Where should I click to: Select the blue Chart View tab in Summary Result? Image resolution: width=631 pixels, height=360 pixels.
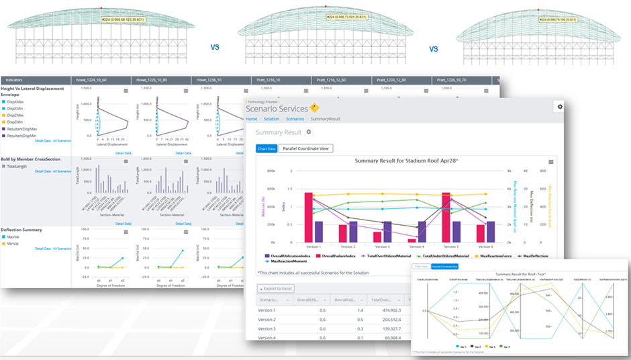(266, 148)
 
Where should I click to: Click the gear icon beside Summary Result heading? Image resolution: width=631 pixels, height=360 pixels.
(309, 132)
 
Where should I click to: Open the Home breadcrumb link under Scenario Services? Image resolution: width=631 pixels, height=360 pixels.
(252, 119)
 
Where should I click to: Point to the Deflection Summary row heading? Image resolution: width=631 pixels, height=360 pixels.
(23, 230)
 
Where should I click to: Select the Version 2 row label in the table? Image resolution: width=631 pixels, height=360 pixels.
(266, 320)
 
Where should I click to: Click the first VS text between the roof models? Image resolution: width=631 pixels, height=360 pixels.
(215, 48)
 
